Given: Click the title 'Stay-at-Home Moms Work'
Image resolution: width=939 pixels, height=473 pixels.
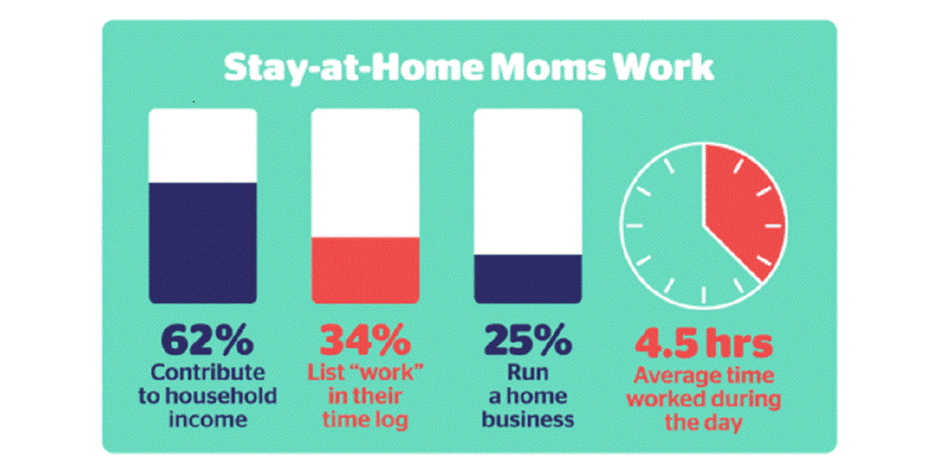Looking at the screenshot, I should pos(469,68).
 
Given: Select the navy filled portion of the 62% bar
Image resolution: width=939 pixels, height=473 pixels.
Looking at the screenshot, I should pos(203,242).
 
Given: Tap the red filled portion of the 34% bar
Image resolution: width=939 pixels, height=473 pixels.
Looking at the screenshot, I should pos(365,270).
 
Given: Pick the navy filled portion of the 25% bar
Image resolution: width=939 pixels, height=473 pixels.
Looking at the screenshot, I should pos(528,278).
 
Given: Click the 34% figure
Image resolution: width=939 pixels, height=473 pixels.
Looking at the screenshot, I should pos(365,342).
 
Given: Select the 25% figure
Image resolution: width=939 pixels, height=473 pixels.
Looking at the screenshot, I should pos(527,342).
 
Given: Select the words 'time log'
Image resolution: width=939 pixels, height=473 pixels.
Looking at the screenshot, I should pos(365,419).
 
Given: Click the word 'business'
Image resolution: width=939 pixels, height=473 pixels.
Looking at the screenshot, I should pos(527,419).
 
